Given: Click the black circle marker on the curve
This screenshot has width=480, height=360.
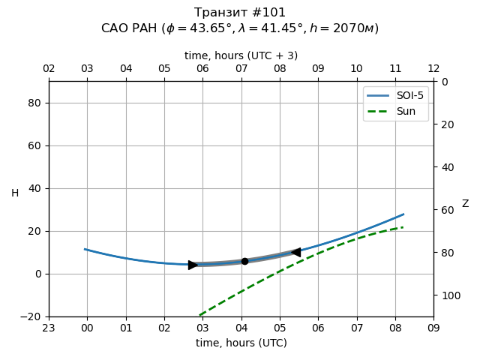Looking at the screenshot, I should pos(244,261).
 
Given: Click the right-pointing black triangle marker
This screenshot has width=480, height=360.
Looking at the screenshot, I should pos(193,265).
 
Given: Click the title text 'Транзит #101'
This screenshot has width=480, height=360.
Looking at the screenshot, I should pos(240,13).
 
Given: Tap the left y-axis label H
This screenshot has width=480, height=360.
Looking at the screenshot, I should pos(15,193).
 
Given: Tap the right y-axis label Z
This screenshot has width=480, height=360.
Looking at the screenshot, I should pos(465,204).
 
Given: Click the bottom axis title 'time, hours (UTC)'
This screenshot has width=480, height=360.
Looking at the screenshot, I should pos(241,343).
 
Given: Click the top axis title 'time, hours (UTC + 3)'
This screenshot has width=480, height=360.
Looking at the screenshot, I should pos(241,55).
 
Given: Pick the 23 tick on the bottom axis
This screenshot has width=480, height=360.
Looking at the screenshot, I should pos(49,328).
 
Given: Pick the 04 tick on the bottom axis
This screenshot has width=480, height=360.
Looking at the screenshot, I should pos(241,328).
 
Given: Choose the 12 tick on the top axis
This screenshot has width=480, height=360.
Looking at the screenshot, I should pos(433,69).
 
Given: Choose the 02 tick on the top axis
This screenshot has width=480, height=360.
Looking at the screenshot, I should pos(49,69).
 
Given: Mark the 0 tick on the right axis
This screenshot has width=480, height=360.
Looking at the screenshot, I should pos(442,82).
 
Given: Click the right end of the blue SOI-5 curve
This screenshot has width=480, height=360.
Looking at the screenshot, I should pos(403,214).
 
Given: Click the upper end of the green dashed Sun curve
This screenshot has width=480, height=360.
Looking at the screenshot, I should pos(403,227).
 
